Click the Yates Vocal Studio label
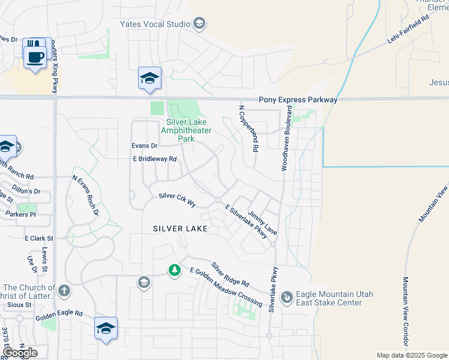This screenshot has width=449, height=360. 154,24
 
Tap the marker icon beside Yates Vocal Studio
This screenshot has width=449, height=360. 199,24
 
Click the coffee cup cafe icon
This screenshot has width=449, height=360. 35,58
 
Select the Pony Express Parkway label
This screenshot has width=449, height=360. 298,100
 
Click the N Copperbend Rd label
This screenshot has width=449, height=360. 249,128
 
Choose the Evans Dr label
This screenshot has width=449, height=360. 144,146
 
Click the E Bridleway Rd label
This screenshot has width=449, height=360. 154,159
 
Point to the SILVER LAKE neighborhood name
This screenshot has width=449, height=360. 180,229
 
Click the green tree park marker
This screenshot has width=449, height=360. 175,271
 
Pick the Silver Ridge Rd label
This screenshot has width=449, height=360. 230,274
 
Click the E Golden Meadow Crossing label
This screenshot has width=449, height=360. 226,287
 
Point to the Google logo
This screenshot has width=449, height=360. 20,353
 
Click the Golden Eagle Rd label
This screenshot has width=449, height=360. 58,314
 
